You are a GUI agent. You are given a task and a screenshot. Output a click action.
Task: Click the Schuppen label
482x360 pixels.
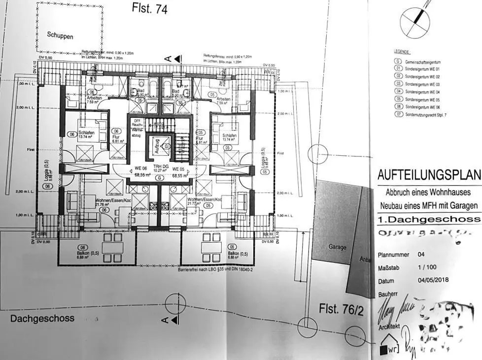click(x=60, y=36)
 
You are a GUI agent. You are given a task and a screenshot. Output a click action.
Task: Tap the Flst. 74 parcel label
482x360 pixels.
click(x=150, y=8)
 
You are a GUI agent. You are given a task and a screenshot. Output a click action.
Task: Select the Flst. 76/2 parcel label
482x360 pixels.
click(x=342, y=310)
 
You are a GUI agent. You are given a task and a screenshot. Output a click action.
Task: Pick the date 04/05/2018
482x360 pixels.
click(x=431, y=280)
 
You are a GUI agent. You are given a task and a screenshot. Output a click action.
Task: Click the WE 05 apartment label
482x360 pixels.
click(x=179, y=168)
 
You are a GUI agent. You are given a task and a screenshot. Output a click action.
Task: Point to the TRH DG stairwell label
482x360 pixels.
click(x=159, y=168)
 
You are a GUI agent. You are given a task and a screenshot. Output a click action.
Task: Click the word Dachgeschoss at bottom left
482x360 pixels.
click(x=42, y=319)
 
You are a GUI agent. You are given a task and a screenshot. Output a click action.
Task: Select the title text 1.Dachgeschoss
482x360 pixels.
click(x=428, y=219)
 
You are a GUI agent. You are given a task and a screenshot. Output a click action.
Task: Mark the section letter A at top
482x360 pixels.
click(x=168, y=59)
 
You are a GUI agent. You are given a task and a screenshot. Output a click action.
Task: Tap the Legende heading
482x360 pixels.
click(x=403, y=52)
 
